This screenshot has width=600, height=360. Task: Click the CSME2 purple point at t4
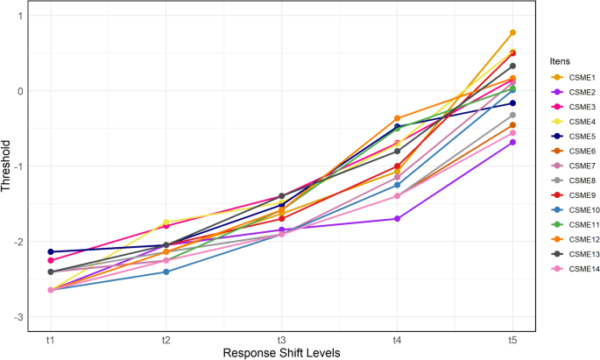pos(397,219)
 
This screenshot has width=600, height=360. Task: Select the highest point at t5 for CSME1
pos(512,33)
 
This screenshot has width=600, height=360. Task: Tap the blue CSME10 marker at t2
pos(166,272)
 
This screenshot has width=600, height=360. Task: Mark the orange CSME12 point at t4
pos(397,118)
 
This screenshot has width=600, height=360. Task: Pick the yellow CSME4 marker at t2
pos(166,222)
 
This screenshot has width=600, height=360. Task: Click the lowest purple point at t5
pos(512,142)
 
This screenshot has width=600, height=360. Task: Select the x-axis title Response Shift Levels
pos(281,352)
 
